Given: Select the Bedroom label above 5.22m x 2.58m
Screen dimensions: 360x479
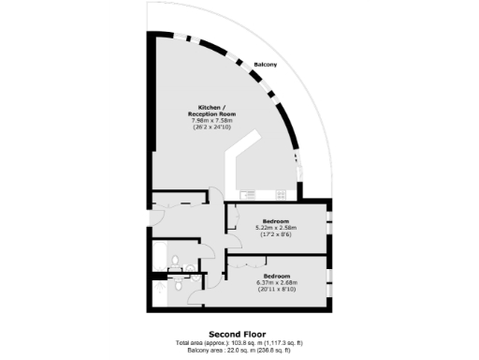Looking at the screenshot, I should (x=275, y=220).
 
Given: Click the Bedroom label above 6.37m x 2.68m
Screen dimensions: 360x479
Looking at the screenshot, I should (x=276, y=276).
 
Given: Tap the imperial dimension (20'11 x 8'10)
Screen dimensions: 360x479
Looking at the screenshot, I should (x=276, y=289).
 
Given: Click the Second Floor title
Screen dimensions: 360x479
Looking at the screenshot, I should (x=237, y=334).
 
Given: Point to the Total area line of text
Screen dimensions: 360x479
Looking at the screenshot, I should (x=237, y=342).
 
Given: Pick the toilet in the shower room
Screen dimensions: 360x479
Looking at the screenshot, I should (x=189, y=272).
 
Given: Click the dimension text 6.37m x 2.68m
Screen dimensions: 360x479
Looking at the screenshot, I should (x=276, y=282).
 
